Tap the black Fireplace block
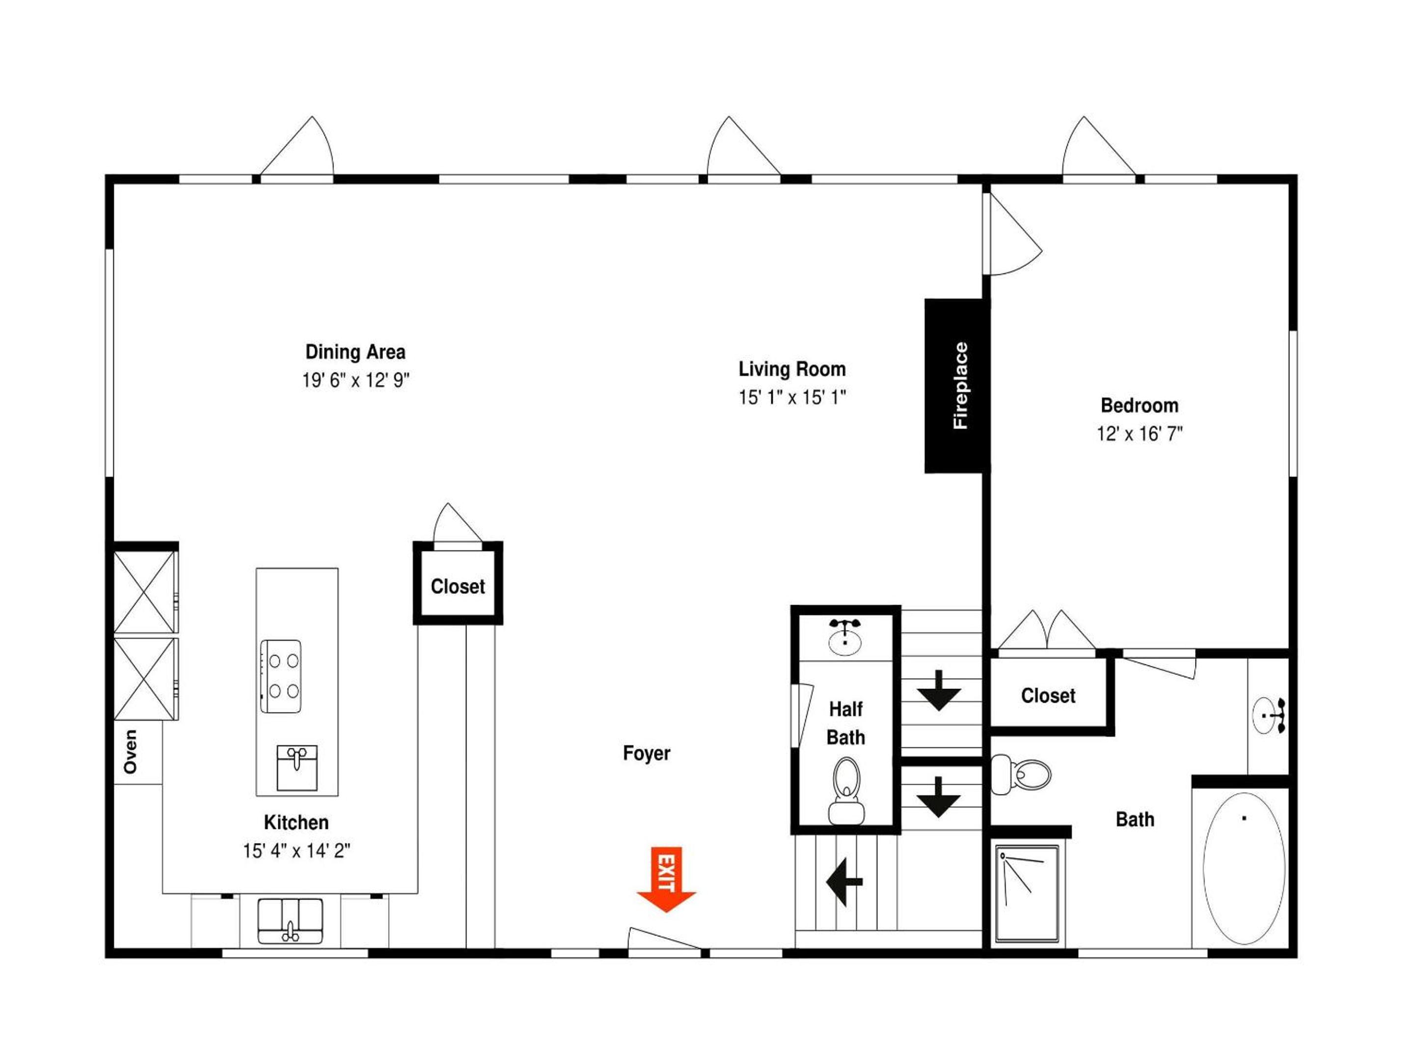957,386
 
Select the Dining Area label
355,352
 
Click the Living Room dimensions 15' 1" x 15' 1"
792,397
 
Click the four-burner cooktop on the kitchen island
281,677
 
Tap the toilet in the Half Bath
846,791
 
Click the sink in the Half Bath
845,637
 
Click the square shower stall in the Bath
1027,894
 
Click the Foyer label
646,753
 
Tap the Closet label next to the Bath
1048,695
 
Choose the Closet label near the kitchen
458,586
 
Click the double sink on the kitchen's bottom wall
290,921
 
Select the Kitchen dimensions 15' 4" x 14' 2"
297,850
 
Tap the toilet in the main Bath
1020,774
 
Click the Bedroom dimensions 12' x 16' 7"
1140,434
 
